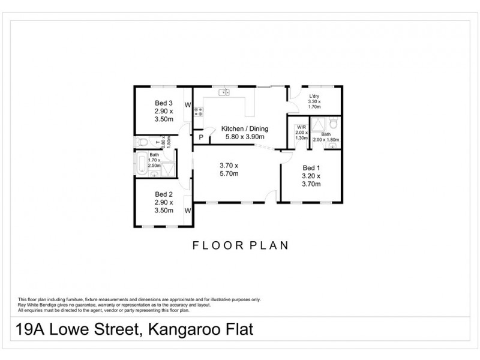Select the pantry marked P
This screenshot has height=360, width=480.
click(x=201, y=137)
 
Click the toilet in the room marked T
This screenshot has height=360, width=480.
click(x=142, y=142)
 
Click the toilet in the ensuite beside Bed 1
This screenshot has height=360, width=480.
click(x=334, y=123)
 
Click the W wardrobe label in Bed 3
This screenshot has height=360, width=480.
click(x=187, y=106)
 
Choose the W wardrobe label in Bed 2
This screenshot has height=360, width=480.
click(x=187, y=211)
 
